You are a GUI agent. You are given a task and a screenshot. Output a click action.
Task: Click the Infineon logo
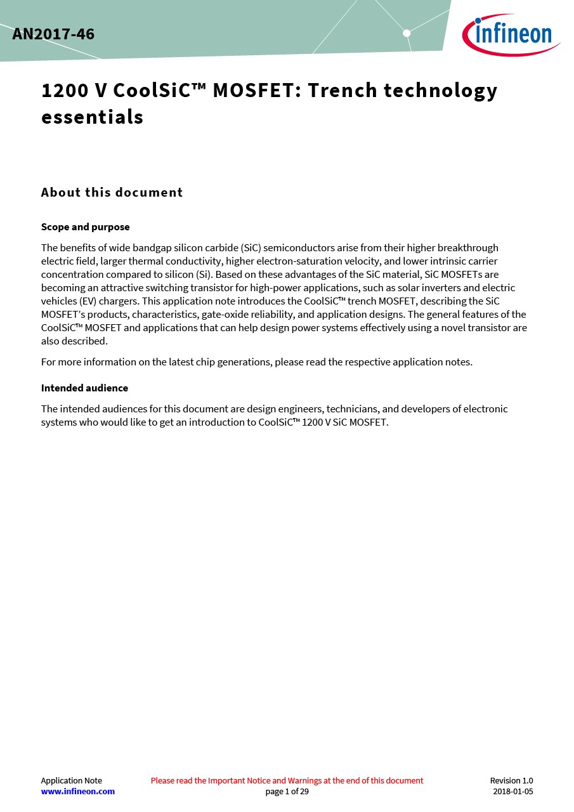click(511, 34)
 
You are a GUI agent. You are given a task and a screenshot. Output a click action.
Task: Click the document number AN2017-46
click(53, 34)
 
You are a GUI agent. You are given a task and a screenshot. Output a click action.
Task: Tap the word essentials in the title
click(92, 117)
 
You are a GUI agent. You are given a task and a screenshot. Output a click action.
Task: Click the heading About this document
click(112, 192)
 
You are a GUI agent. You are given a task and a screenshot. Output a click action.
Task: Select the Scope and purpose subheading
click(85, 227)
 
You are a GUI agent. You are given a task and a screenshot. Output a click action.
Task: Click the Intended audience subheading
click(84, 388)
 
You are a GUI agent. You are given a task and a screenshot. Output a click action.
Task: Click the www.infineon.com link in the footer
click(78, 791)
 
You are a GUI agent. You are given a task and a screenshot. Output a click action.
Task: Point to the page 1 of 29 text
click(287, 791)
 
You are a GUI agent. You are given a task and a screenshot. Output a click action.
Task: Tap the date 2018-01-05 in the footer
click(512, 791)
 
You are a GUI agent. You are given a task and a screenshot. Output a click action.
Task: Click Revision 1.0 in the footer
click(511, 780)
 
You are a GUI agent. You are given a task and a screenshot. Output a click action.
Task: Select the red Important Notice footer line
click(287, 780)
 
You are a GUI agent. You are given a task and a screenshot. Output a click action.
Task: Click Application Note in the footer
click(71, 780)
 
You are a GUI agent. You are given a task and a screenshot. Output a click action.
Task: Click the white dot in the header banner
click(407, 33)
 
